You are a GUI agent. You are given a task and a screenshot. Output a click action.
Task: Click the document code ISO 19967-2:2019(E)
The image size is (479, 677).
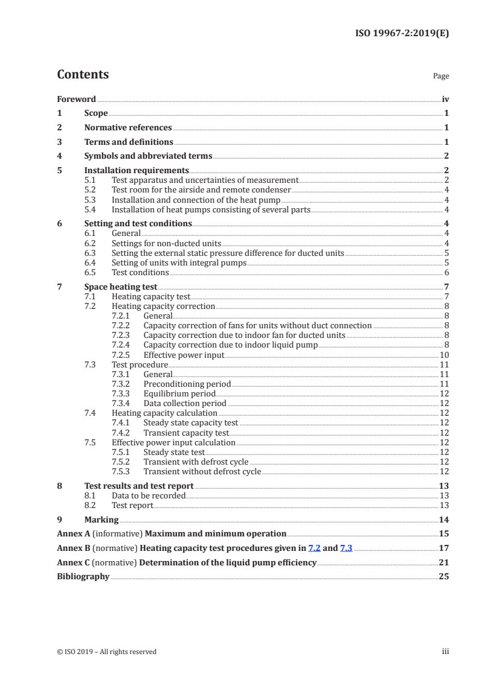pos(401,34)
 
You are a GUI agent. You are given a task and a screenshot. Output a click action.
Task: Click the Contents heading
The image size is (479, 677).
pos(83,75)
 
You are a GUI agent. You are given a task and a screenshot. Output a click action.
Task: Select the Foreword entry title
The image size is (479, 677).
pos(76,99)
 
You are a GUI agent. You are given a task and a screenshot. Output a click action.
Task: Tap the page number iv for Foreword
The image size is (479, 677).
pos(445,99)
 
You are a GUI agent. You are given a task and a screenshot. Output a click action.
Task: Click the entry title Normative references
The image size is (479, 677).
pos(128,127)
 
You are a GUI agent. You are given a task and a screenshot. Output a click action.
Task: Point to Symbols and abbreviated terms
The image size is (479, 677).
pos(148,156)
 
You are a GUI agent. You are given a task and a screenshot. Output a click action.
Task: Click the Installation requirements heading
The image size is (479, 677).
pos(137,170)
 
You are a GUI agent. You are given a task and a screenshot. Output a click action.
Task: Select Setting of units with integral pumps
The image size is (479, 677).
pos(179,262)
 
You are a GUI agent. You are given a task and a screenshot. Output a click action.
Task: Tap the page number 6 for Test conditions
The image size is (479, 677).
pos(446,272)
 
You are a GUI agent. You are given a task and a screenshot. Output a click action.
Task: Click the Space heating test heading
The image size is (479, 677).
pos(121,287)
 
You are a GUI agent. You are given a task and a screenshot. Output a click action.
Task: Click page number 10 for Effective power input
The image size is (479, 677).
pos(444,355)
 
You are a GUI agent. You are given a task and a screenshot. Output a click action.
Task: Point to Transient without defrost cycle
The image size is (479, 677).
pos(202,471)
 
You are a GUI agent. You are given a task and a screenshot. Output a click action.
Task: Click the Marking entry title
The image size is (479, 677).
pos(101,520)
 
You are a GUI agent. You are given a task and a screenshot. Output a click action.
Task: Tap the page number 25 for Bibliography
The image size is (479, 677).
pos(444,576)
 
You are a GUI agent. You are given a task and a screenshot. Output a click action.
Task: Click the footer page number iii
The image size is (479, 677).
pos(445,651)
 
